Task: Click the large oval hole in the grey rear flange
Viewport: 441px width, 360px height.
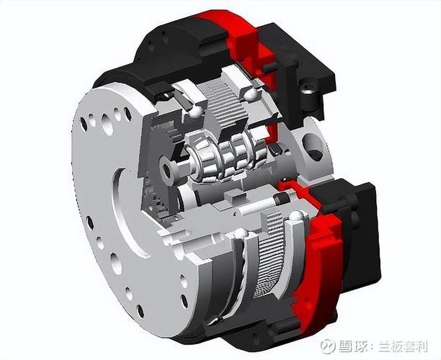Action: pos(314,148)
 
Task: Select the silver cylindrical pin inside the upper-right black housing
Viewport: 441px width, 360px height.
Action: pos(310,91)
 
